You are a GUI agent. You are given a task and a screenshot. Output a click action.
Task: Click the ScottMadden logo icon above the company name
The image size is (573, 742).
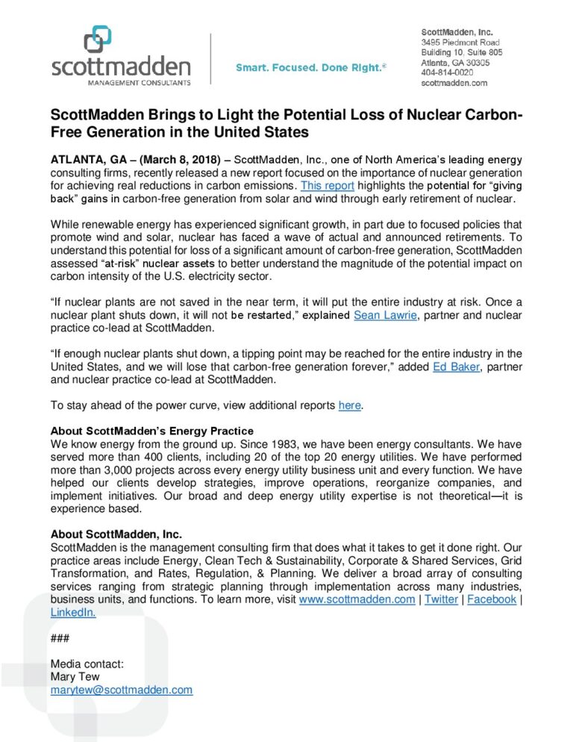98,40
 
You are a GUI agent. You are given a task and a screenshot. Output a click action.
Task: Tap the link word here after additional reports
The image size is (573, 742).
349,405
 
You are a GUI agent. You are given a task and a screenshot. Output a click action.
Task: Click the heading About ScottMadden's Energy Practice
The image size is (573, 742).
151,431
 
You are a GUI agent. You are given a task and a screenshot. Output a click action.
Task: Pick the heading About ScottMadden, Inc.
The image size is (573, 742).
116,534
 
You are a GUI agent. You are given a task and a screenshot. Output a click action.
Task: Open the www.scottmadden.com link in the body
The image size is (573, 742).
357,599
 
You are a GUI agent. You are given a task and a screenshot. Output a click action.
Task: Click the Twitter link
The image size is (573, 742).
442,599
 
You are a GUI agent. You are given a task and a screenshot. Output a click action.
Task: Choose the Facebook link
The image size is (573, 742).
491,599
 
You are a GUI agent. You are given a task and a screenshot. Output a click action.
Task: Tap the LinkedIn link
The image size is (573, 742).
72,612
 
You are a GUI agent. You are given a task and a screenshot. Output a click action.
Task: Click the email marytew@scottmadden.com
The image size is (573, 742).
121,690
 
